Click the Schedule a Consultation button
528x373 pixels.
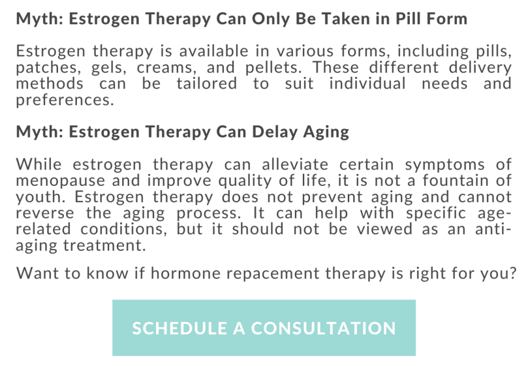point(264,327)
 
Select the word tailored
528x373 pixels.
point(206,84)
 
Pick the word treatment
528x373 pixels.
point(112,246)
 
